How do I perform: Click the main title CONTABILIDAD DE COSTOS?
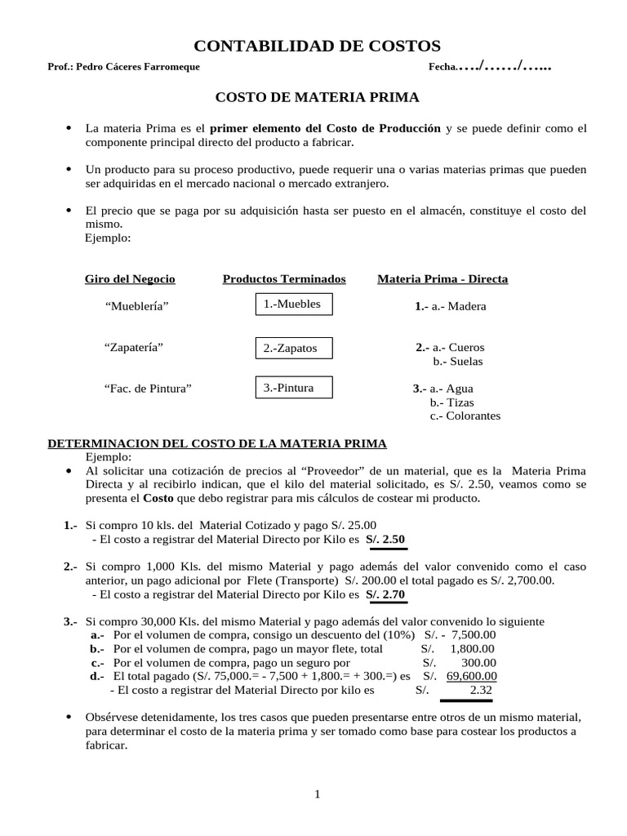[316, 46]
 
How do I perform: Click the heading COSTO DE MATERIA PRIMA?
[317, 97]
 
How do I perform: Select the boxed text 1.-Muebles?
[292, 305]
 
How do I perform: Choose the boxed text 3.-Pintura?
[292, 388]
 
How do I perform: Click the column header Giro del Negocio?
[130, 279]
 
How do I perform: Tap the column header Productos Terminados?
[284, 279]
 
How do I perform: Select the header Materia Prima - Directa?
[442, 279]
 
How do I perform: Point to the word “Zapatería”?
[134, 347]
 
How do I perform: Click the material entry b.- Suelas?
[458, 361]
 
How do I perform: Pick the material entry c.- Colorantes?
[465, 416]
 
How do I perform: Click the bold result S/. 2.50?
[385, 540]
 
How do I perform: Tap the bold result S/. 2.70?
[385, 594]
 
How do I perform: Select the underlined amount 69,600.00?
[471, 676]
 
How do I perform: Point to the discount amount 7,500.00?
[473, 635]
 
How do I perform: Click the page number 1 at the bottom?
[317, 794]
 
